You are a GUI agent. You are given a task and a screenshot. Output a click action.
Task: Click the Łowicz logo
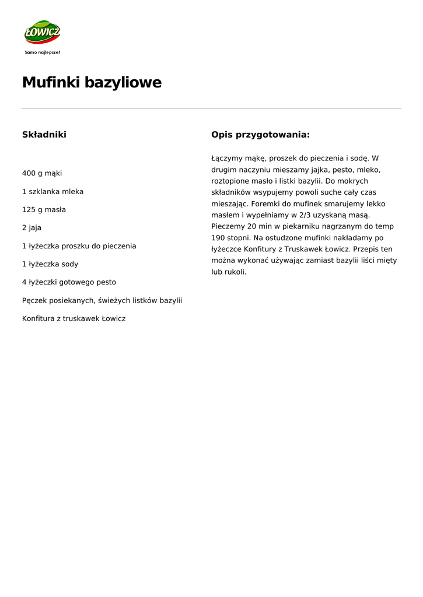42,33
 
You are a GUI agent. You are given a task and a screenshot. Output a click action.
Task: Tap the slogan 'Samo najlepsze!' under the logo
42,52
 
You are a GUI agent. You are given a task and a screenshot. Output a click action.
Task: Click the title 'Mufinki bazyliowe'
92,83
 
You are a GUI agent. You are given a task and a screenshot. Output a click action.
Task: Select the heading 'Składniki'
44,135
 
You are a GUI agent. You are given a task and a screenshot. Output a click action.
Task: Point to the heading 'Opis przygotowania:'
260,135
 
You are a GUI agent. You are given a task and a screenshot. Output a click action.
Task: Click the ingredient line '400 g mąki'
42,173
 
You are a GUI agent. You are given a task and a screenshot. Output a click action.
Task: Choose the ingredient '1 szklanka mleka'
53,191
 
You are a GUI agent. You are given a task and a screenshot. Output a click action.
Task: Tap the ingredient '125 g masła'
44,209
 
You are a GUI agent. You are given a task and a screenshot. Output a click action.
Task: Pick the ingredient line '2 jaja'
32,227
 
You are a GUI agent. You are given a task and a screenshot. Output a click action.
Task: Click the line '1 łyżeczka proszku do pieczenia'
79,246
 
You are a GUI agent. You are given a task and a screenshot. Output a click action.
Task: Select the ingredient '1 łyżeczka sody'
50,264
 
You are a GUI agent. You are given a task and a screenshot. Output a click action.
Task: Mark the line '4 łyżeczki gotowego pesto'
69,282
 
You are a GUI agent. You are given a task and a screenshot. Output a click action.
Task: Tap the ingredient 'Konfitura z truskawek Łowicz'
74,318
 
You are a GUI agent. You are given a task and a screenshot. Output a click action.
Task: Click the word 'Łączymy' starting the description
226,159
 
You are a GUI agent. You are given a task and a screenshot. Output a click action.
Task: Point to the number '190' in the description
218,238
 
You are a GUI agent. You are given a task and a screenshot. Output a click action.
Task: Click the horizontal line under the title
211,108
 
